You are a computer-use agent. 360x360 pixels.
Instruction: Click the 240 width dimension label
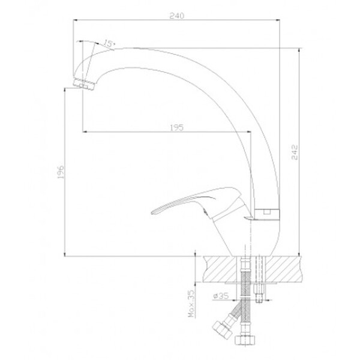pyautogui.click(x=177, y=16)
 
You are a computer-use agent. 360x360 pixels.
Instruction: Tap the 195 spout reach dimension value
pyautogui.click(x=177, y=128)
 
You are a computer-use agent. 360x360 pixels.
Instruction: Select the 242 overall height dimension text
pyautogui.click(x=295, y=152)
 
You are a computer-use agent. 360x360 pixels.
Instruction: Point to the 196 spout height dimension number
pyautogui.click(x=61, y=172)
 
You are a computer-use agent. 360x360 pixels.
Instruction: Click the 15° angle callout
pyautogui.click(x=109, y=43)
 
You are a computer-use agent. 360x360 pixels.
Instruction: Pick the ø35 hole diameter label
pyautogui.click(x=221, y=296)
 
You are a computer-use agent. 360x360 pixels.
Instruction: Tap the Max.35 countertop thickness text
pyautogui.click(x=191, y=304)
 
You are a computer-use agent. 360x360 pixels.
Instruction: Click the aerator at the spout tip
pyautogui.click(x=84, y=85)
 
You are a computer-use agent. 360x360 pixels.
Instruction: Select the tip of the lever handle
pyautogui.click(x=152, y=212)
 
